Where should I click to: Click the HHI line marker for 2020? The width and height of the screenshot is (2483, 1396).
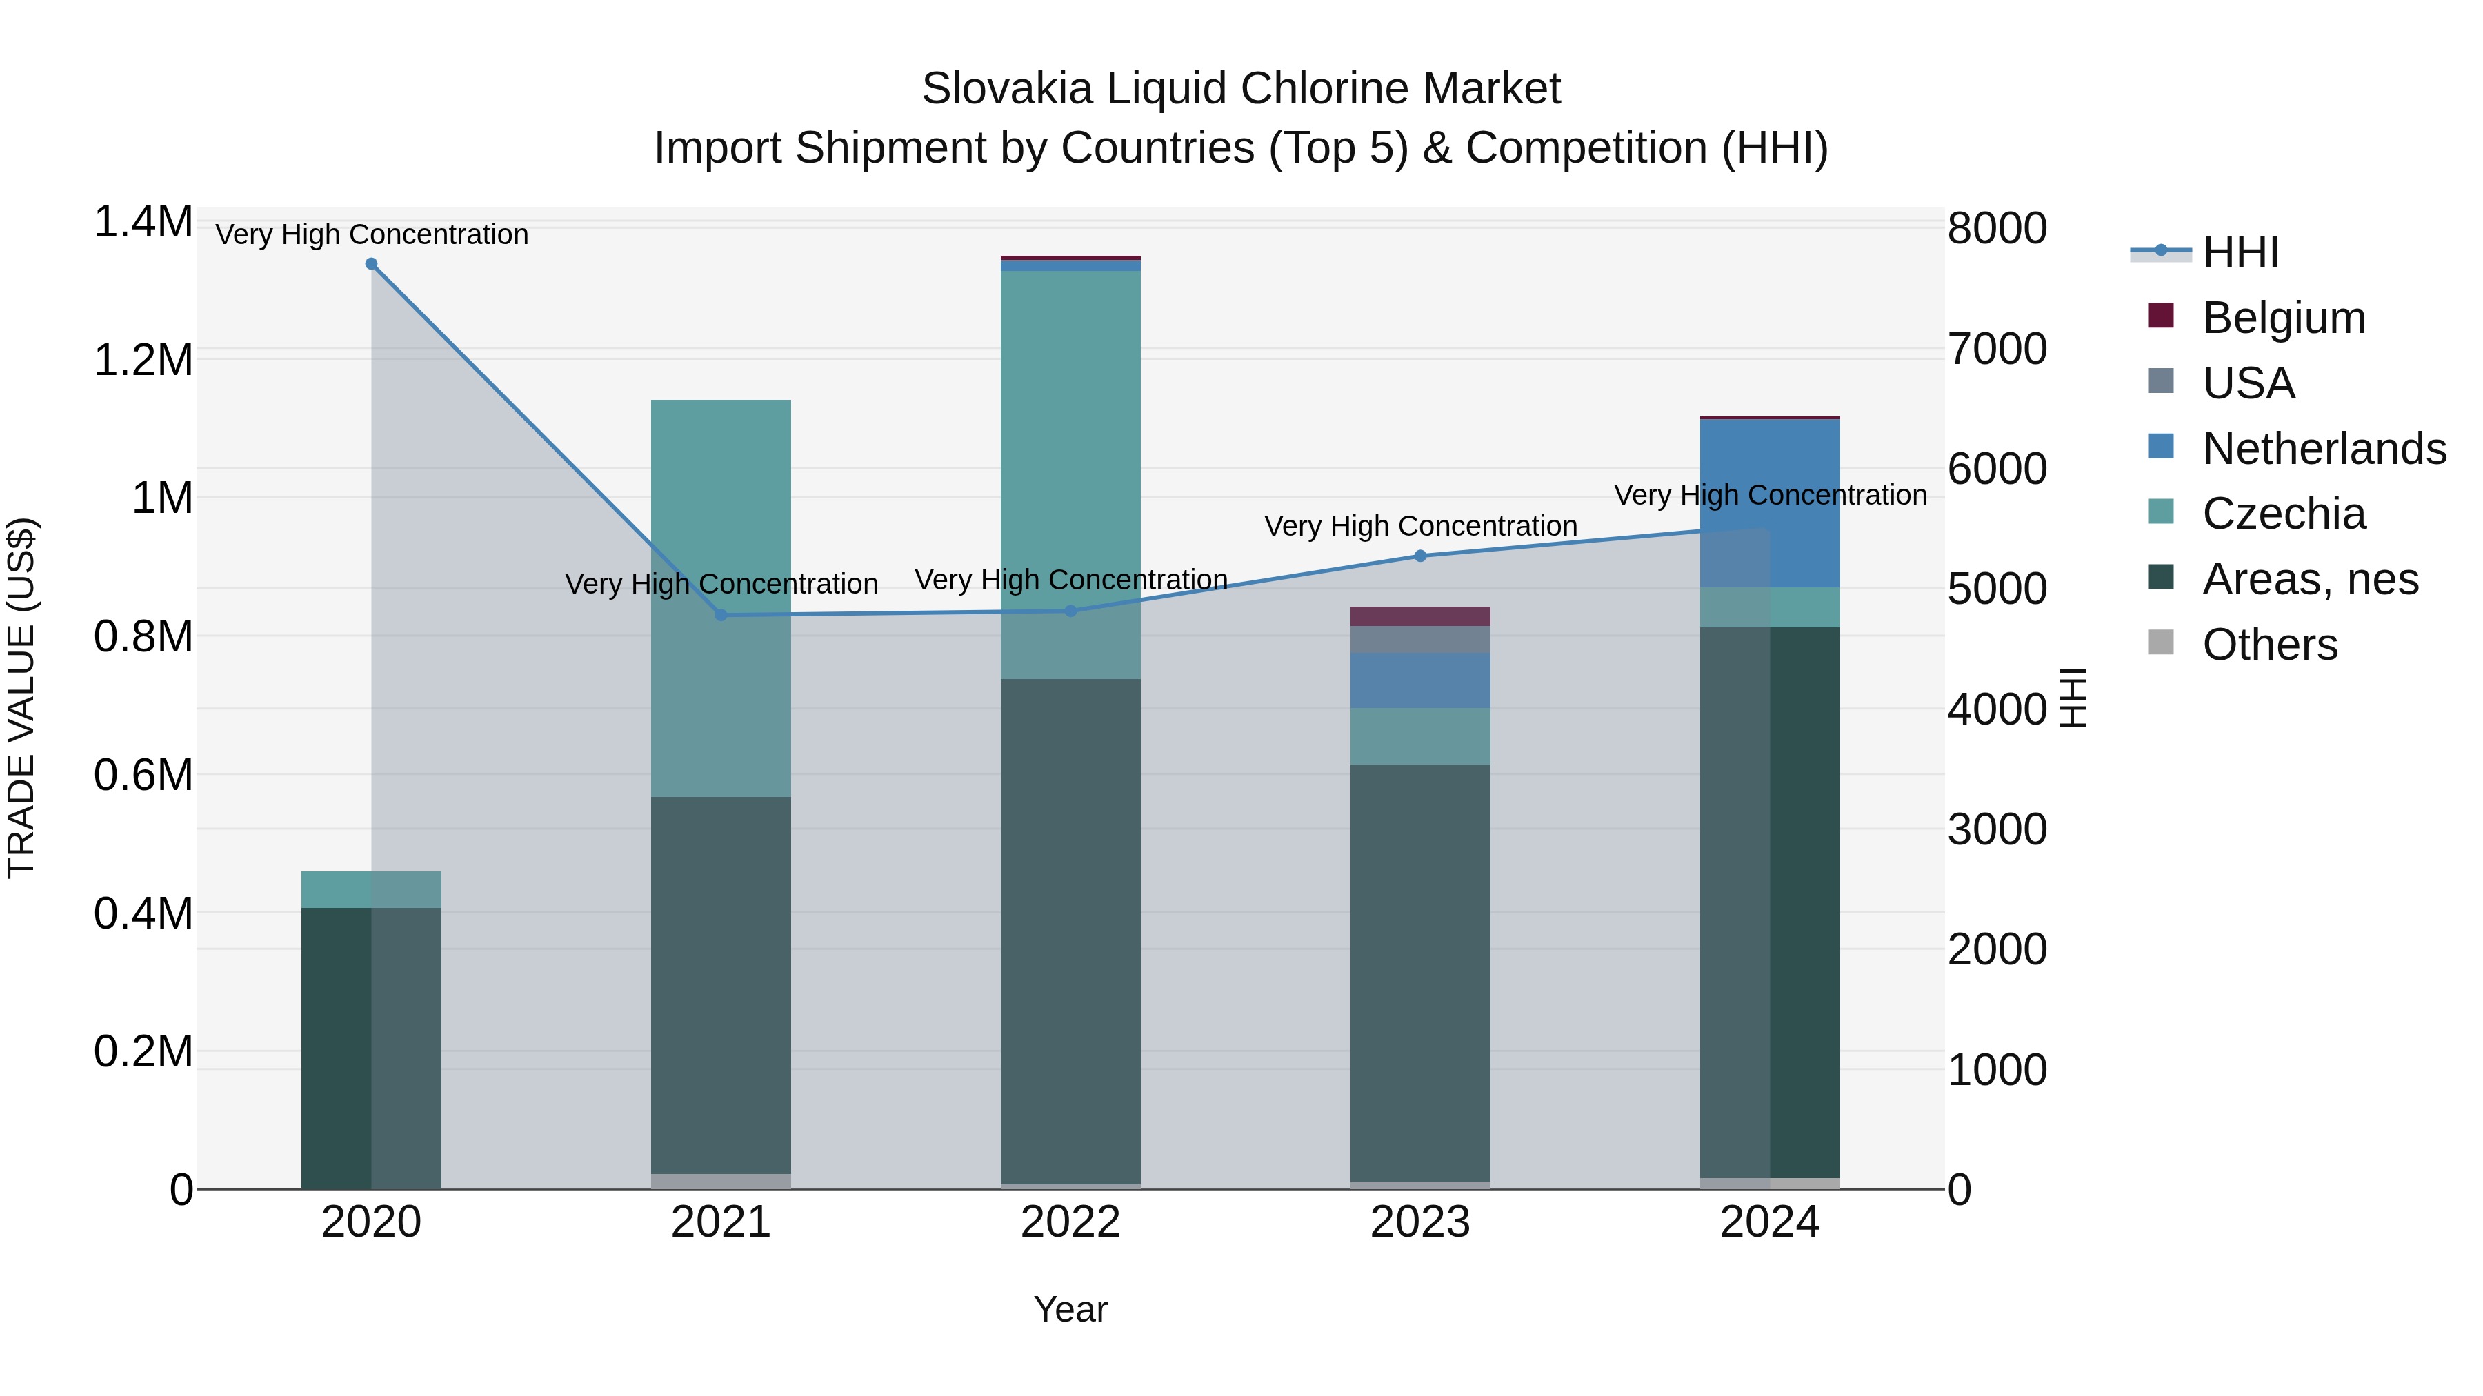tap(371, 264)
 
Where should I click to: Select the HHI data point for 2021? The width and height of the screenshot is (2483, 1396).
tap(721, 615)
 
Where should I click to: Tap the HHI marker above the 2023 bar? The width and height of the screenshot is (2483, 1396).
tap(1420, 556)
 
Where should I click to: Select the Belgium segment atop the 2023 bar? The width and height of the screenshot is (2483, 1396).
tap(1420, 616)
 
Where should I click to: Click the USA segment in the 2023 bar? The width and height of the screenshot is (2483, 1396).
tap(1420, 640)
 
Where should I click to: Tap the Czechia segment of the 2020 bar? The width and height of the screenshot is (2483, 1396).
tap(371, 889)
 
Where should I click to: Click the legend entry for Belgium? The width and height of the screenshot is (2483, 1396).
tap(2284, 318)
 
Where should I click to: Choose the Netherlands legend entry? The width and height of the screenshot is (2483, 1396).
tap(2323, 449)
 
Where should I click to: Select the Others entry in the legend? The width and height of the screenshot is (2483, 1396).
tap(2269, 645)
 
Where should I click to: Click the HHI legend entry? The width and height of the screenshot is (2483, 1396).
tap(2240, 252)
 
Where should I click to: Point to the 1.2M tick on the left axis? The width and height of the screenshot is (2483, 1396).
tap(143, 361)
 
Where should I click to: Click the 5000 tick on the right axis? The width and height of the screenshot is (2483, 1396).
tap(1996, 589)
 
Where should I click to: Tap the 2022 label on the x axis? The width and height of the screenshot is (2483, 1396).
tap(1070, 1222)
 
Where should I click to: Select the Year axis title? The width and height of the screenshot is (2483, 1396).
tap(1070, 1309)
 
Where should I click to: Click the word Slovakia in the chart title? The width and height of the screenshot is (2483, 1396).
tap(1006, 89)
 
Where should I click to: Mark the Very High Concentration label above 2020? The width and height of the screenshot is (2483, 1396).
tap(371, 234)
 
